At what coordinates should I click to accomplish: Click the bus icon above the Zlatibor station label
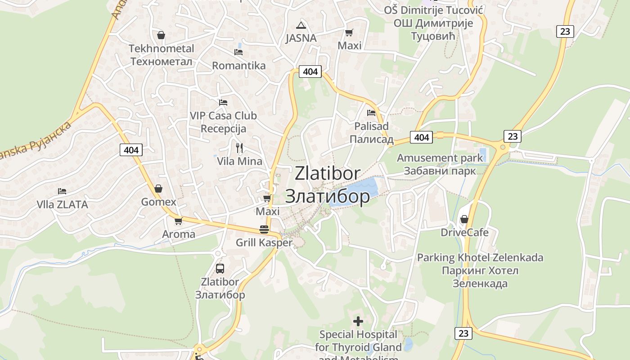(220, 269)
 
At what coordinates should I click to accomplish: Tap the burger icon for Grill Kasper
(264, 229)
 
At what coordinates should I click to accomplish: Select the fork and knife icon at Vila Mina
(239, 148)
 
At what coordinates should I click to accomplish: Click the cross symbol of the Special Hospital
(358, 321)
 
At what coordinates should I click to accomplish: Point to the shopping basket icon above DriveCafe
(464, 219)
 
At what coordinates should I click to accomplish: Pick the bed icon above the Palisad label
(371, 112)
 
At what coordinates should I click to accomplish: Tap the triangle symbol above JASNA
(301, 25)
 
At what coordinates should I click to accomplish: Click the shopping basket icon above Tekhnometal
(161, 35)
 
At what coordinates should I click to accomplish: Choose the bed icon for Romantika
(238, 52)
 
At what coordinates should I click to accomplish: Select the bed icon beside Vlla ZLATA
(62, 191)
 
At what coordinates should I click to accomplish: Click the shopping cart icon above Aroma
(179, 221)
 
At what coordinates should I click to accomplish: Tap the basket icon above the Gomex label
(158, 189)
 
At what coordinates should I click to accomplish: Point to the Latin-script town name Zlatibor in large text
(328, 173)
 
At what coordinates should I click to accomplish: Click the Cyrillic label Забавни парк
(440, 171)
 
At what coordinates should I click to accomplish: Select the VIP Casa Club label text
(223, 116)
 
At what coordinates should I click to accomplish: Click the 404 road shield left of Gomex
(131, 150)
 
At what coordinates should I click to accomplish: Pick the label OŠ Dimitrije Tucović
(434, 9)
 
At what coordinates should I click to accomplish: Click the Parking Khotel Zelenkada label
(480, 258)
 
